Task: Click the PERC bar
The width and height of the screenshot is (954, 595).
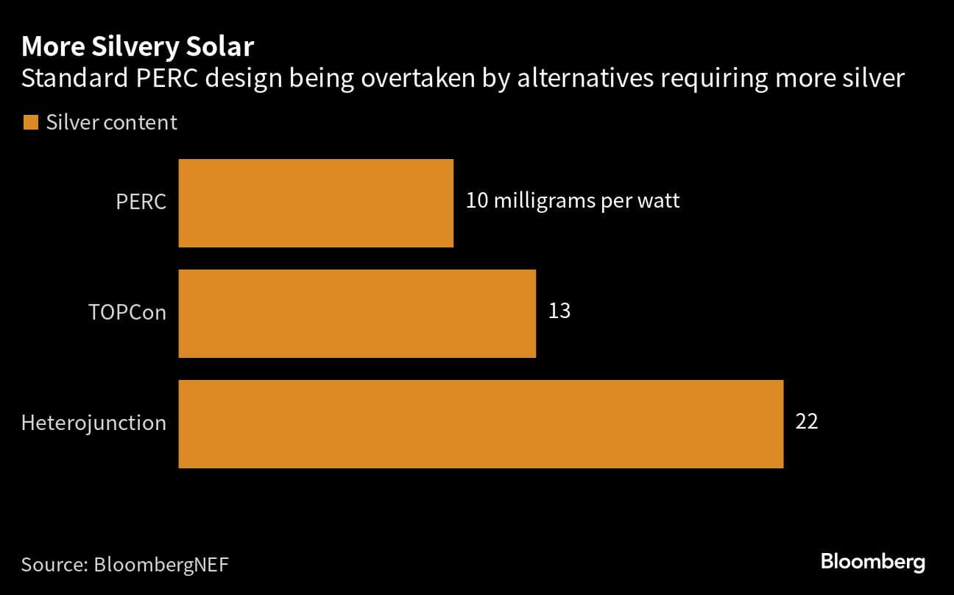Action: pos(316,203)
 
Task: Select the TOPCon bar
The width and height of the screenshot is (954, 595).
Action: pos(357,314)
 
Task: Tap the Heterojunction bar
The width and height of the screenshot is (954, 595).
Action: pos(481,424)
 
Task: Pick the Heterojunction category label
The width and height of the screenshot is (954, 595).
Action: pos(93,423)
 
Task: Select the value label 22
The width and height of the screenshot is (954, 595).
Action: pos(807,422)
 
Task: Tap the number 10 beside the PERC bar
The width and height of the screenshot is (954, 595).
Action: pos(477,201)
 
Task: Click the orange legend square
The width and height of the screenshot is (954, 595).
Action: pos(30,123)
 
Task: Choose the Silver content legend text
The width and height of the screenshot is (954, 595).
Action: pos(111,123)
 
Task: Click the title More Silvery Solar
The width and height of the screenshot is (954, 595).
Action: pos(138,48)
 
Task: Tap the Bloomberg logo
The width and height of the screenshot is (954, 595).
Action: pos(872,563)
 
